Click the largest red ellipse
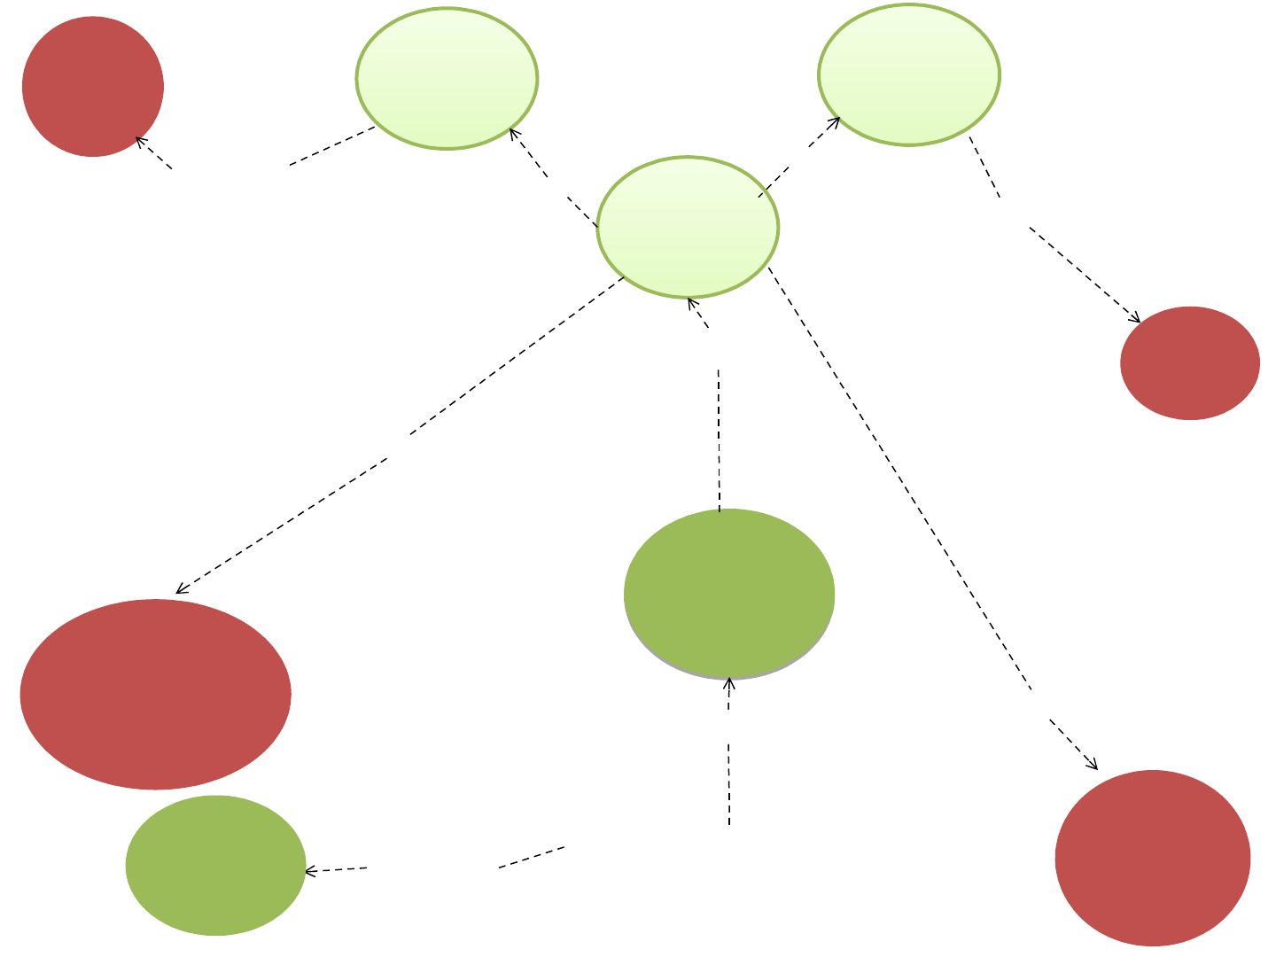[155, 694]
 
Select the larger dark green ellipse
[729, 594]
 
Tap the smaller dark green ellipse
[216, 865]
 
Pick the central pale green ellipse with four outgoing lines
[688, 227]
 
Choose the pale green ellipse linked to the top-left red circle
[447, 78]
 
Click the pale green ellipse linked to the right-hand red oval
[909, 74]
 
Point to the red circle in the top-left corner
[93, 87]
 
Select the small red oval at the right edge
[1190, 362]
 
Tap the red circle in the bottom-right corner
[1153, 858]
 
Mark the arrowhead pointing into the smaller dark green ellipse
[309, 872]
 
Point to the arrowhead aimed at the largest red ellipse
[180, 590]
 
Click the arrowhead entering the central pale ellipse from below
[691, 302]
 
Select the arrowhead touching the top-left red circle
[139, 141]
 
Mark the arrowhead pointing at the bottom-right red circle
[1094, 766]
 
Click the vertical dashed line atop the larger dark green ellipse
[719, 443]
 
